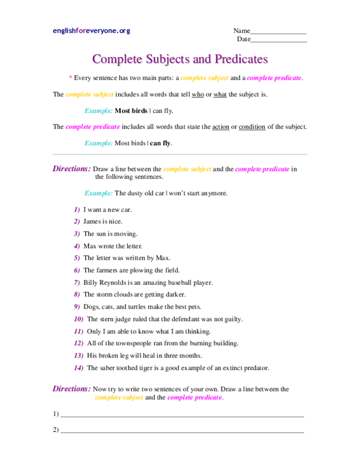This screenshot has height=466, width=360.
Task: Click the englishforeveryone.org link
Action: tap(91, 31)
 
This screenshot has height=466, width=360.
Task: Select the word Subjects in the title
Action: tap(167, 59)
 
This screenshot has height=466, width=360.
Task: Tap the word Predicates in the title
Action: tap(241, 59)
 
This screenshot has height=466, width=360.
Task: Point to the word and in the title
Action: tap(202, 59)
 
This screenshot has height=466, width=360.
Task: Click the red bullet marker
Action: tap(70, 77)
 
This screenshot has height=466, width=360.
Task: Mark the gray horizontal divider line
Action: tap(180, 154)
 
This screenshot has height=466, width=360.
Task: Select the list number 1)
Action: tap(77, 210)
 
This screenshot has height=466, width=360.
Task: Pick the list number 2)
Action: tap(77, 222)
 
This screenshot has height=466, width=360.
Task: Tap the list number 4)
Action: tap(77, 246)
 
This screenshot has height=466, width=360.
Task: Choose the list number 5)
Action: tap(77, 258)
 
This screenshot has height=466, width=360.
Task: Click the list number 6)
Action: tap(77, 270)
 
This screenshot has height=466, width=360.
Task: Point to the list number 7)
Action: tap(77, 283)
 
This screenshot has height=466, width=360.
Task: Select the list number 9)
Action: tap(77, 307)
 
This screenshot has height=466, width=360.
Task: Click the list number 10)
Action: tap(79, 319)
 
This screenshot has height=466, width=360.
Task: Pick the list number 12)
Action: tap(79, 343)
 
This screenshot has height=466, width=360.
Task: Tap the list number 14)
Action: tap(79, 368)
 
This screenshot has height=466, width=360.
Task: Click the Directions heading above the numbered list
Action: tap(72, 169)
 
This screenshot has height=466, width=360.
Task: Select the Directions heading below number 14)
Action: tap(72, 389)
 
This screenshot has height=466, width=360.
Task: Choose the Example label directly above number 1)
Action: tap(98, 193)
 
